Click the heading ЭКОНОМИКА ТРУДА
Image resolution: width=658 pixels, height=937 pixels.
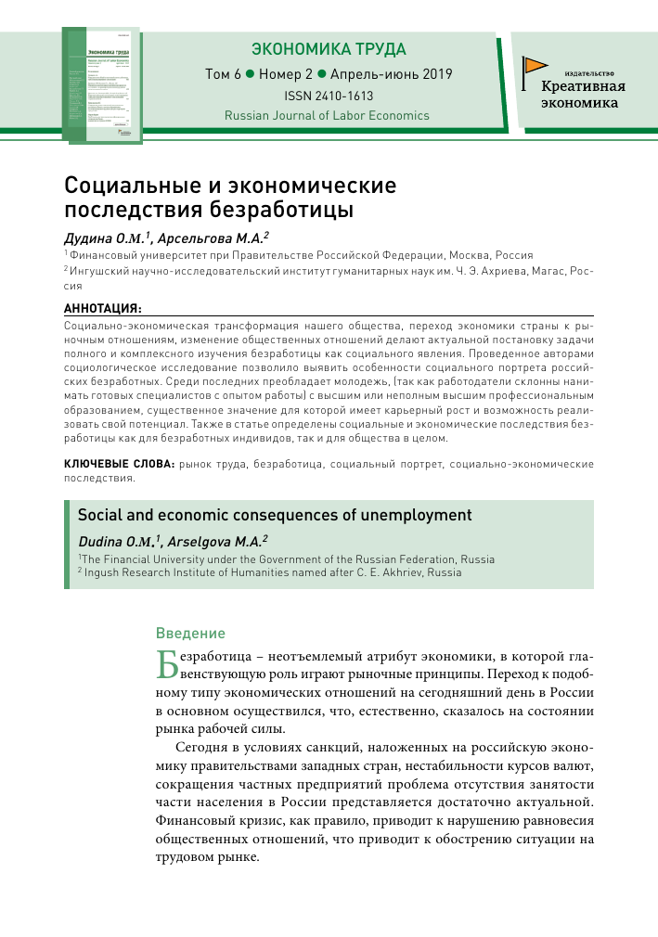329,49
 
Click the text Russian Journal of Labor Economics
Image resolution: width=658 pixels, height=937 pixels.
327,116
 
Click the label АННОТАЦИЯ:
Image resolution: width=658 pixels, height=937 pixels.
102,307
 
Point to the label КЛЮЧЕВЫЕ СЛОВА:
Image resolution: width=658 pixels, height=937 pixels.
118,463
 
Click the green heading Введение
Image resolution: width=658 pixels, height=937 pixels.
190,634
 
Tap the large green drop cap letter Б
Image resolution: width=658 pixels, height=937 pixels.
166,664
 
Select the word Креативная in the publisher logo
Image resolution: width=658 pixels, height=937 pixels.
584,87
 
